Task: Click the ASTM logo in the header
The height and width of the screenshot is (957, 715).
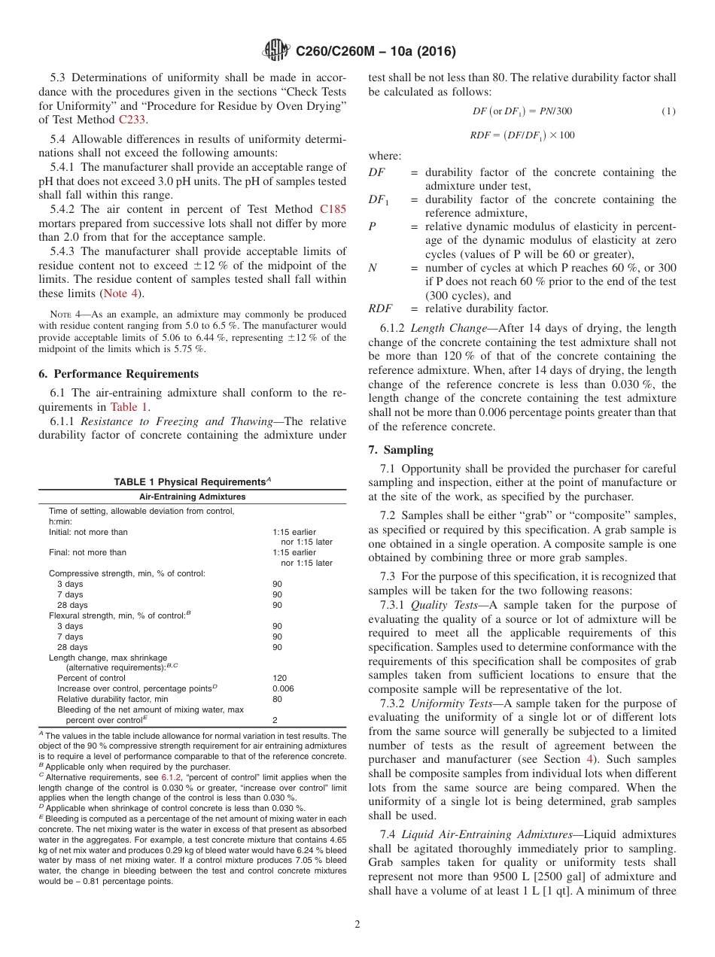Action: click(x=276, y=51)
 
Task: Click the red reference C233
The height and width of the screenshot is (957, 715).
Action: click(x=133, y=119)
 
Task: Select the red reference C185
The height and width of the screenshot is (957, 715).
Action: click(x=333, y=209)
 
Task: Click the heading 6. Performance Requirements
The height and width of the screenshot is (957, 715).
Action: click(x=118, y=374)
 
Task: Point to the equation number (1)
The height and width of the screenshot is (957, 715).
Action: click(x=668, y=111)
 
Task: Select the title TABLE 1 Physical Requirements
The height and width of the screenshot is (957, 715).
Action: click(x=192, y=482)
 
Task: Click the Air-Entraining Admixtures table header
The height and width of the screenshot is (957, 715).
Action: click(x=192, y=497)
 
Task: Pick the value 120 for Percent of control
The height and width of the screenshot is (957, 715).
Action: click(x=278, y=678)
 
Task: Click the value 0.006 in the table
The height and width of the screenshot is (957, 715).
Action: click(x=282, y=688)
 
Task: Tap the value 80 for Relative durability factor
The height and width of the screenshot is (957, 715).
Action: click(x=276, y=699)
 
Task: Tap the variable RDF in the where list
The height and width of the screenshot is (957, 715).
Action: click(x=380, y=308)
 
